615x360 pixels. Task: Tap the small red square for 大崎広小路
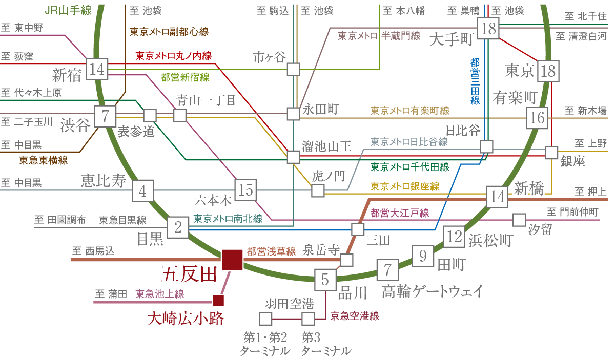(219, 301)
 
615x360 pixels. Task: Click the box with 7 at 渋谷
(106, 116)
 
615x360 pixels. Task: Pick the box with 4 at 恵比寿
(143, 191)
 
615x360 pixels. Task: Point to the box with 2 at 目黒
(178, 227)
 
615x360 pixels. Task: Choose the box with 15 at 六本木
(245, 190)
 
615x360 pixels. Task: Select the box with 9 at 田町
(423, 255)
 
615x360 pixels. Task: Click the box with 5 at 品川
(325, 280)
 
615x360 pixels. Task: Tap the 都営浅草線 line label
(272, 251)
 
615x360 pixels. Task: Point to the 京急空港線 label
(355, 316)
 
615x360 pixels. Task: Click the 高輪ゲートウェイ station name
(432, 292)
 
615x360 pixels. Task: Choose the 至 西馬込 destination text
(93, 251)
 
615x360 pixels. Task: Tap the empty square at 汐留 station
(519, 220)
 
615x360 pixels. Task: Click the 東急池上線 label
(159, 294)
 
